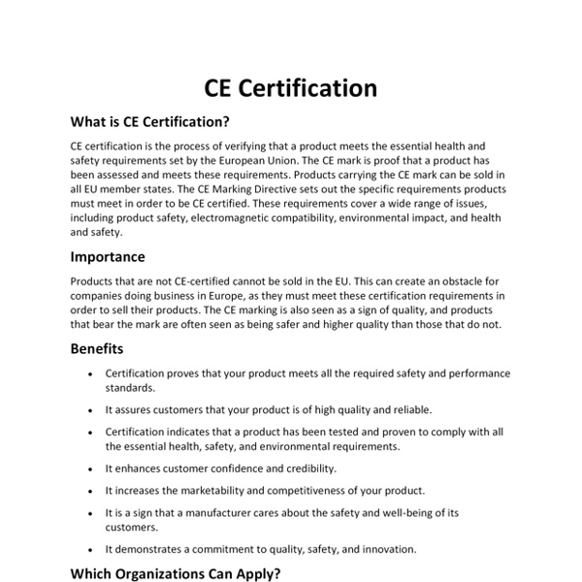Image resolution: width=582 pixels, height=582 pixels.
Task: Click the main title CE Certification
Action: pos(291,88)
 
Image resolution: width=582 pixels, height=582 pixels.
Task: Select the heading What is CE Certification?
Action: pos(150,122)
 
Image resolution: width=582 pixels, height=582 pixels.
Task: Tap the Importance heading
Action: pos(108,257)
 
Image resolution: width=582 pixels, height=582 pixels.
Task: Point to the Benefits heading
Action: pos(97,348)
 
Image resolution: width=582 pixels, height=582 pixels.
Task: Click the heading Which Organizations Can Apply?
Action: pos(176,573)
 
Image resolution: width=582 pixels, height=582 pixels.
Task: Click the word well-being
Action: pos(414,511)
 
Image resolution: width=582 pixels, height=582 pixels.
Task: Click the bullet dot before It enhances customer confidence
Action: pos(90,469)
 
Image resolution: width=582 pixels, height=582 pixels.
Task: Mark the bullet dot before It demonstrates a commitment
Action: pos(90,549)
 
